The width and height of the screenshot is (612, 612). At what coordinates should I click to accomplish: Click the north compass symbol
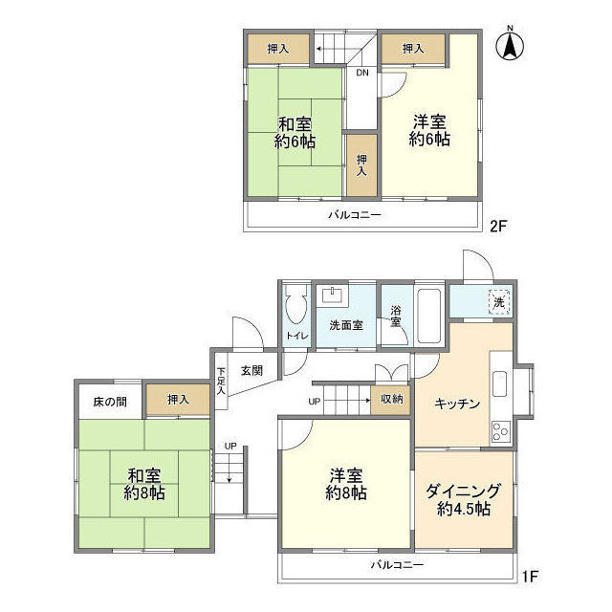511,45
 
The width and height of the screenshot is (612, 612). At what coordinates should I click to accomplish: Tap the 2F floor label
497,227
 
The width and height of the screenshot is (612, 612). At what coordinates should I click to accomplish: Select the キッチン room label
456,404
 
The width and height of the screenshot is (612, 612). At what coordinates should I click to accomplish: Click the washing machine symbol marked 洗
498,302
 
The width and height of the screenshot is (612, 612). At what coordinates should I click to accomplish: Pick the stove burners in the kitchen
501,431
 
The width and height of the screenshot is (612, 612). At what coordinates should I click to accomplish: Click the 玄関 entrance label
251,370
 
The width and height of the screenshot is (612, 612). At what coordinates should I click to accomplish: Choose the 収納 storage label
390,400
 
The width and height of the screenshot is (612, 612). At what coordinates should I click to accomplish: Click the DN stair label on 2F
362,72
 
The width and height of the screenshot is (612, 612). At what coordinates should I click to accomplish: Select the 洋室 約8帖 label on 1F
345,484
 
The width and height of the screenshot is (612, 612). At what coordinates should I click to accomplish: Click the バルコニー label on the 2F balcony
355,215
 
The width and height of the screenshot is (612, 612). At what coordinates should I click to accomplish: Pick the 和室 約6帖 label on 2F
295,133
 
